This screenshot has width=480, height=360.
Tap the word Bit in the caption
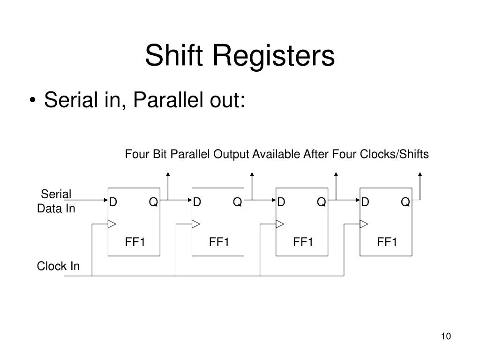click(x=159, y=154)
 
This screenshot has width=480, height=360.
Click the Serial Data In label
click(x=56, y=202)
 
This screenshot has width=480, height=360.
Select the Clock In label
click(x=58, y=266)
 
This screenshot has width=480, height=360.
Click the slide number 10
click(x=445, y=337)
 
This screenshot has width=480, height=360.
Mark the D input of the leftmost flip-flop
click(x=113, y=202)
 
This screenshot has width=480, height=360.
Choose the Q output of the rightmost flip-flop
click(x=405, y=202)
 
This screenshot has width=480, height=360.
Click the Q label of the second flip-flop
click(x=237, y=202)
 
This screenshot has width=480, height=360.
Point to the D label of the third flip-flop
click(x=281, y=202)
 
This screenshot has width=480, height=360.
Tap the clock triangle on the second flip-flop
click(x=196, y=224)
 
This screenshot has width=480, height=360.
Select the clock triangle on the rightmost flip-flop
click(x=364, y=224)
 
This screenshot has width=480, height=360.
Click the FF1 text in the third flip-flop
click(x=303, y=242)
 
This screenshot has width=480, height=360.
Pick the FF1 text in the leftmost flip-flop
click(x=135, y=242)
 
